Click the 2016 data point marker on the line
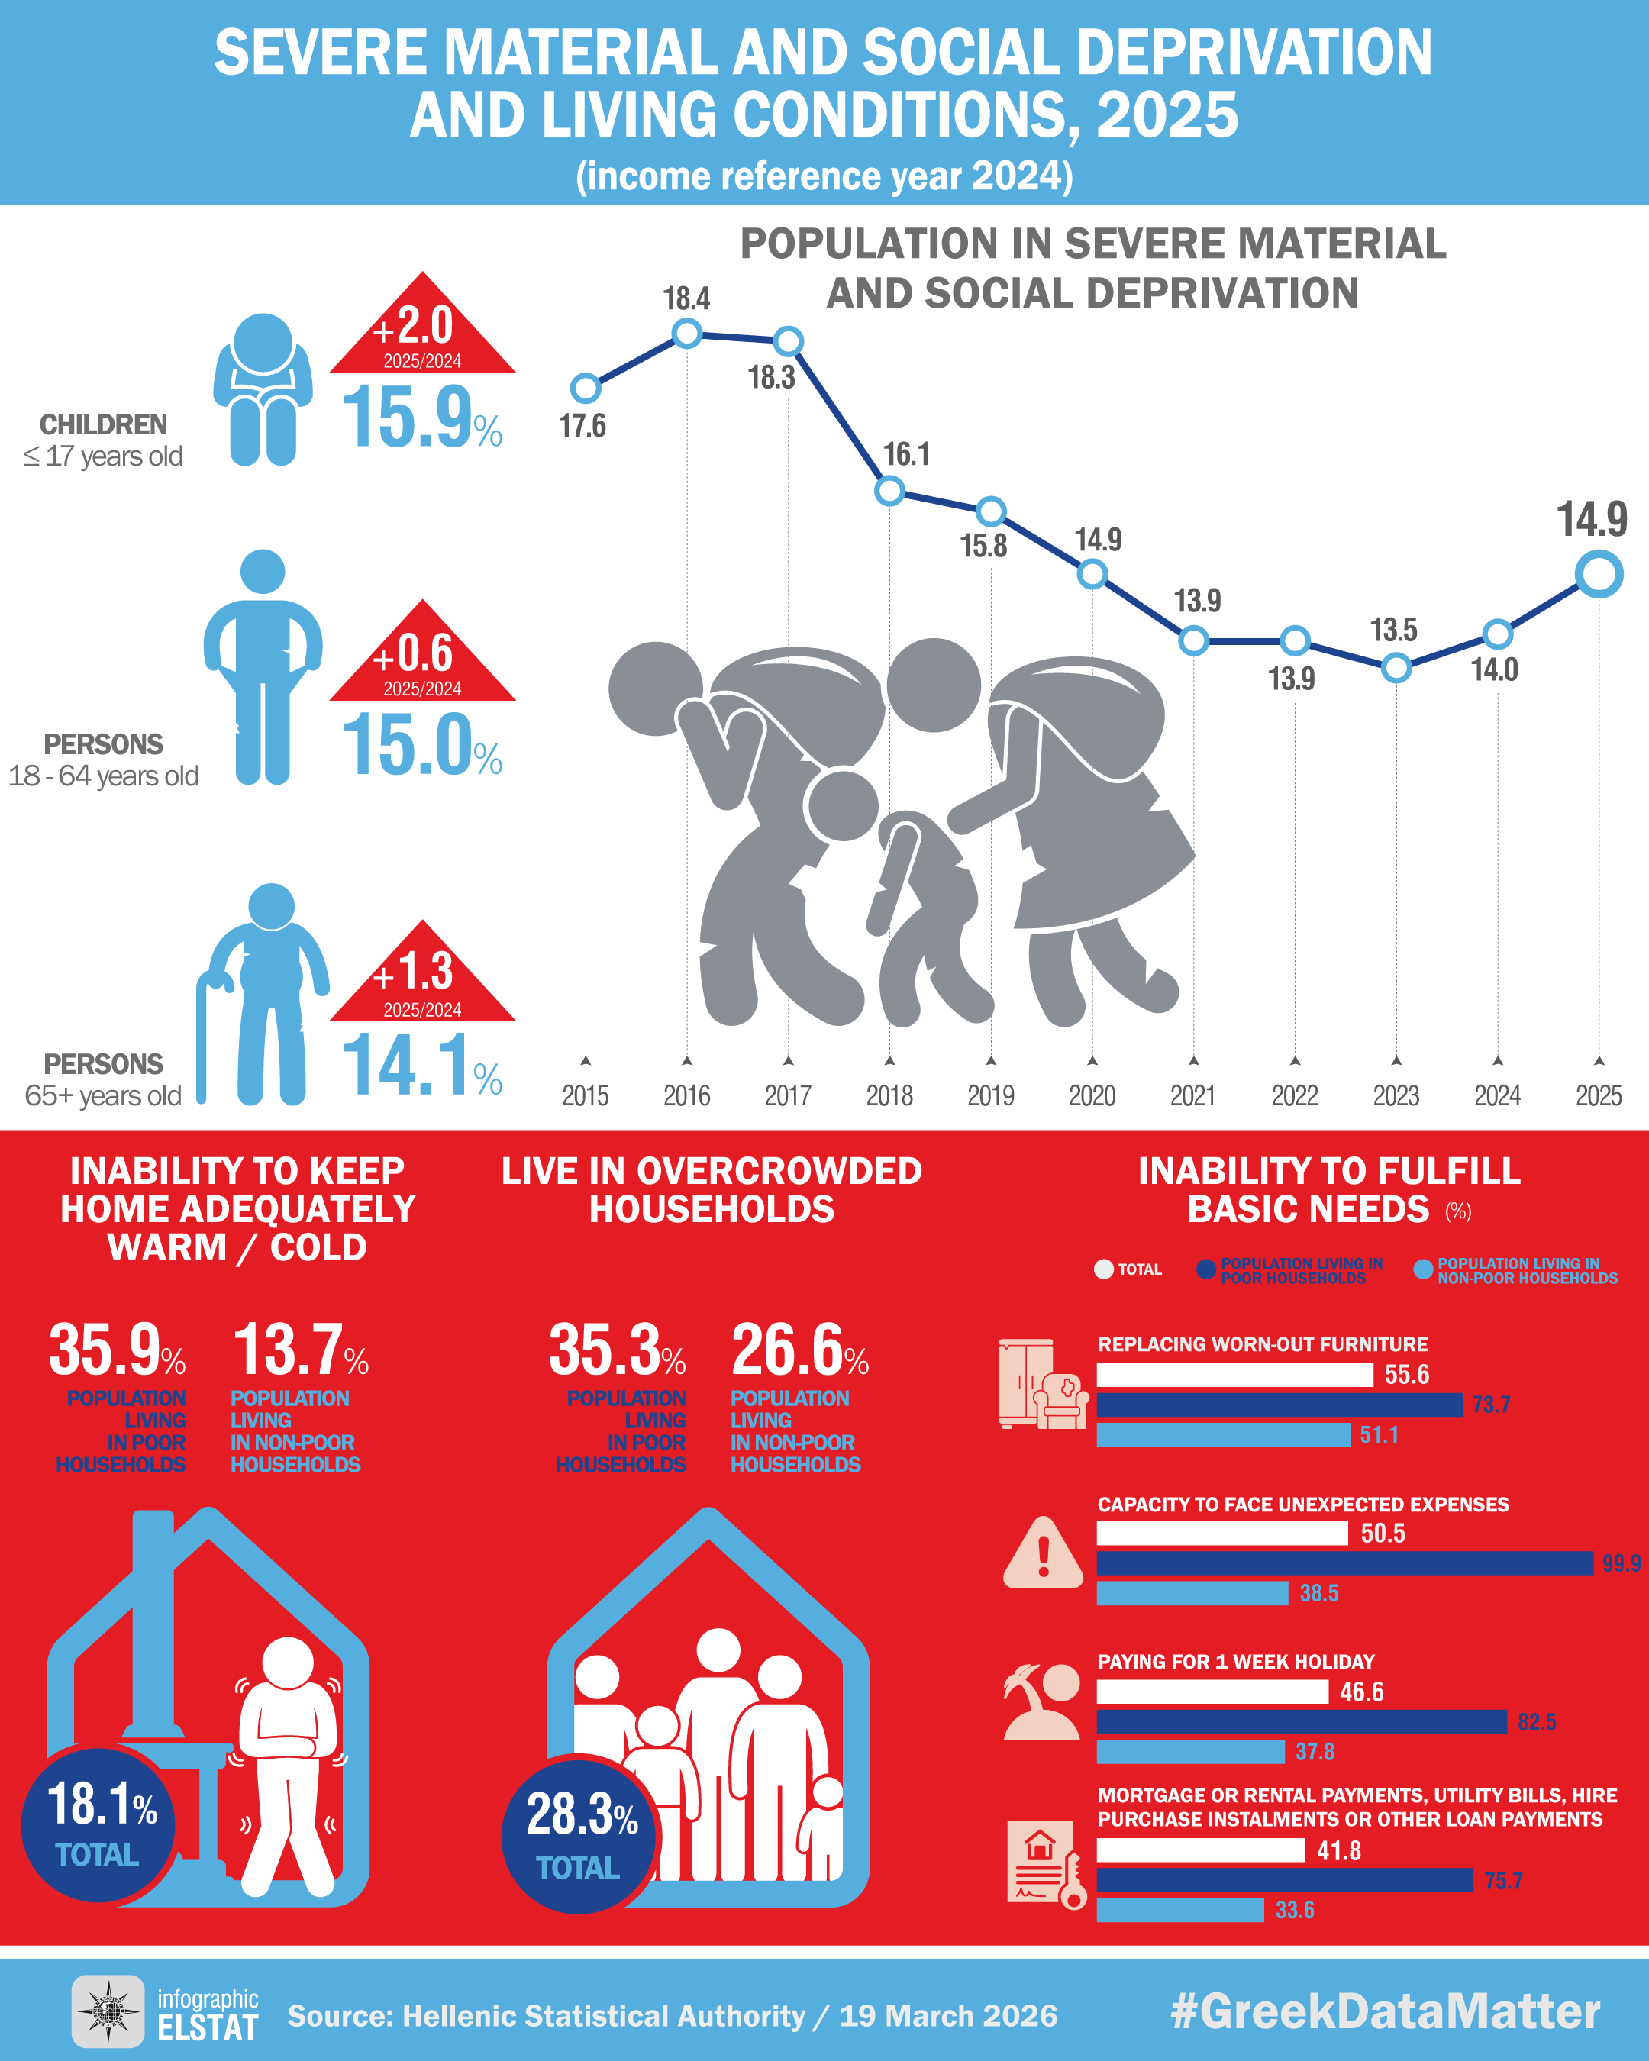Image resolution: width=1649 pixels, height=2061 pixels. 686,334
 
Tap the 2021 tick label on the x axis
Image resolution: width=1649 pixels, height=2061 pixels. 1193,1095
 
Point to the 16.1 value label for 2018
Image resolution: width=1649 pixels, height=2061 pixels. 906,454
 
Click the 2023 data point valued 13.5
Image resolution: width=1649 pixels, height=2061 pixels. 1396,667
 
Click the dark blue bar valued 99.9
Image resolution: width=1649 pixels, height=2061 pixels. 1344,1563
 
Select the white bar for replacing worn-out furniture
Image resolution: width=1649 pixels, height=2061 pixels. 1234,1375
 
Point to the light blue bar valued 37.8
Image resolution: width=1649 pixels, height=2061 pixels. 1190,1751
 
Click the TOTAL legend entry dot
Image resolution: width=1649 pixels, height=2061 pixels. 1104,1269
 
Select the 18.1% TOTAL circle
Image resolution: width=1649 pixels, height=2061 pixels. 98,1824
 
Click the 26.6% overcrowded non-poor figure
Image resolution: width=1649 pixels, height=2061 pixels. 799,1350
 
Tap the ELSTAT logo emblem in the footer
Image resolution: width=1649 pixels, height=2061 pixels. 108,2011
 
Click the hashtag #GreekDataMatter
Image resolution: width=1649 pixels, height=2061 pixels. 1385,2011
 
